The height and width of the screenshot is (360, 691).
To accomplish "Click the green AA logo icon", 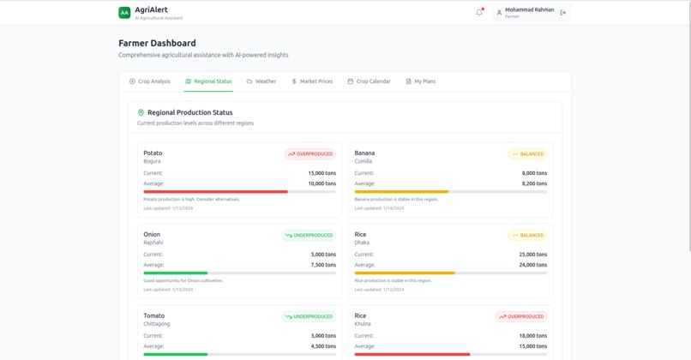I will click(124, 13).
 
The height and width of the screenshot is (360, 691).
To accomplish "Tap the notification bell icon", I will click(479, 13).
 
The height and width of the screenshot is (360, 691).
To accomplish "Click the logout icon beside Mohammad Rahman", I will click(563, 13).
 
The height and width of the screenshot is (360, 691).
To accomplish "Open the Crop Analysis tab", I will click(150, 81).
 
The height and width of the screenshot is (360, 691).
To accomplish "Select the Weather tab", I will click(261, 81).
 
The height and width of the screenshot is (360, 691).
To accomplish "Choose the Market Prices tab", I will click(312, 81).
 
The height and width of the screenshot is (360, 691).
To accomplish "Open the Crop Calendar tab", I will click(369, 81).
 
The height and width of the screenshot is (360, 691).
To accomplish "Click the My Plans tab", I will click(421, 81).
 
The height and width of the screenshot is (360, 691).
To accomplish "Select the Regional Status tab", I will click(208, 81).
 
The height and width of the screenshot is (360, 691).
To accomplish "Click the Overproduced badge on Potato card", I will click(310, 154).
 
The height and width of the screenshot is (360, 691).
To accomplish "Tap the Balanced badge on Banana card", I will click(527, 154).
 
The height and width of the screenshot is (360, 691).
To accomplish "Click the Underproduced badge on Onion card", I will click(309, 235).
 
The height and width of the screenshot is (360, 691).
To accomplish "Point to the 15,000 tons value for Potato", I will click(321, 173).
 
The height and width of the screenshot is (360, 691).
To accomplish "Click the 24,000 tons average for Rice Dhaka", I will click(532, 265).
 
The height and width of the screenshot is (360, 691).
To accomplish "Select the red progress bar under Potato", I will click(215, 192).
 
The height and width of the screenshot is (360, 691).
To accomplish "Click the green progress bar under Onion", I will click(176, 273).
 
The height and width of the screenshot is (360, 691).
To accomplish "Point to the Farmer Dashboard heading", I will click(157, 43).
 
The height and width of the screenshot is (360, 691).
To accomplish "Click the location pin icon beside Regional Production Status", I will click(141, 112).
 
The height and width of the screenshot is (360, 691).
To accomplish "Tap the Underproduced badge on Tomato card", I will click(309, 316).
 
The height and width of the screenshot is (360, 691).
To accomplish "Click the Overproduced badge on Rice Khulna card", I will click(521, 316).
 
